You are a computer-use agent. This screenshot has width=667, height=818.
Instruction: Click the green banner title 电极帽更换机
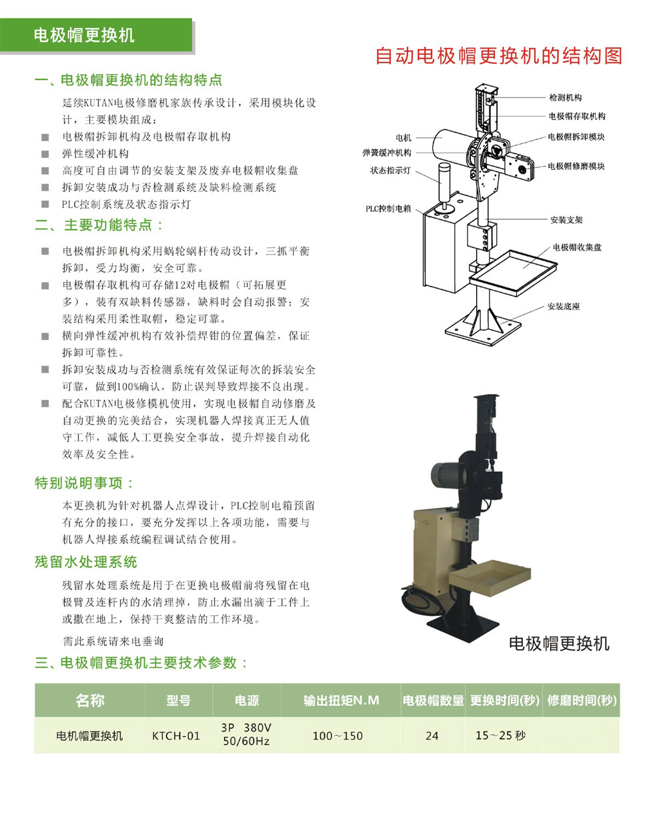pos(84,35)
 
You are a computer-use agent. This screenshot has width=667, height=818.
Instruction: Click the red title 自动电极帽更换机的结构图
pos(498,55)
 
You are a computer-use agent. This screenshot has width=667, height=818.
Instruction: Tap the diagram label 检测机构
pos(566,97)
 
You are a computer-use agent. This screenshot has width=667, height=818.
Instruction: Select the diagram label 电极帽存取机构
pos(577,116)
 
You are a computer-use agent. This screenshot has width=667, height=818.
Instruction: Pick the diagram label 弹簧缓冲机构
pos(387,153)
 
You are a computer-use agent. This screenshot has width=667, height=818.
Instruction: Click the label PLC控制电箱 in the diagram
pos(388,209)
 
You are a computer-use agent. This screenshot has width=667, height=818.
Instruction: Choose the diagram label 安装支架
pos(566,219)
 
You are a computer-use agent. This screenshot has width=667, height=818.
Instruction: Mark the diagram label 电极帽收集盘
pos(577,247)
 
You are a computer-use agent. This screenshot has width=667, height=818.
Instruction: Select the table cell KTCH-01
pos(176,736)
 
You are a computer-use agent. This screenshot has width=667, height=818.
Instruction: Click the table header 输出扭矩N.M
pos(341,701)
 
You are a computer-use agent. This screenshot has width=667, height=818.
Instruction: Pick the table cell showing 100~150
pos(338,736)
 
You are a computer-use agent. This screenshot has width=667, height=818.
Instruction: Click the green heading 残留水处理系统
pos(86,562)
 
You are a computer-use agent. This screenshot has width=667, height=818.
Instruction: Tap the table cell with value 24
pos(432,736)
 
